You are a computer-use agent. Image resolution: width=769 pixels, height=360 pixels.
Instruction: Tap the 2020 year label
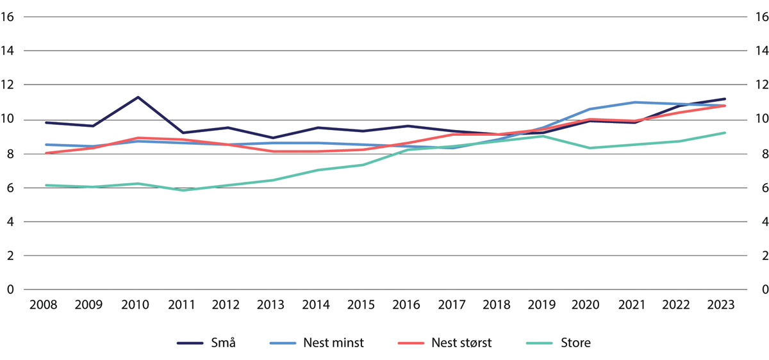tap(588, 305)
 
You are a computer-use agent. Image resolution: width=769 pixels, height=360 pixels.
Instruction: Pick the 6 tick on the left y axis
tap(10, 188)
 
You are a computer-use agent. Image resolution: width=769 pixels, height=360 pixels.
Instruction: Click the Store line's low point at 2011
tap(184, 190)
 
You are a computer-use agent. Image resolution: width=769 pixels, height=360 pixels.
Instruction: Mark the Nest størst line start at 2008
tap(47, 153)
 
